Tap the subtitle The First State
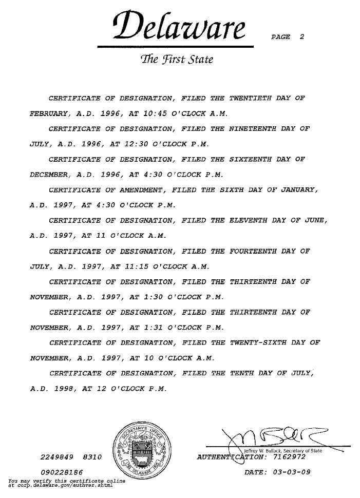(176, 60)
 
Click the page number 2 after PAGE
(302, 37)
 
